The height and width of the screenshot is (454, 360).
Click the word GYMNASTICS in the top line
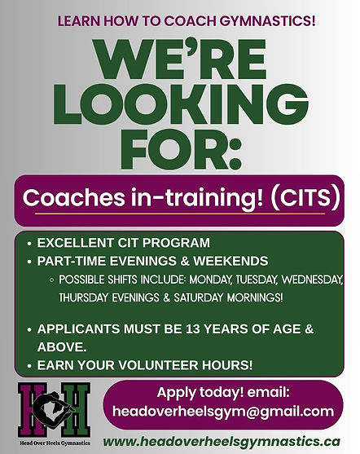pos(268,21)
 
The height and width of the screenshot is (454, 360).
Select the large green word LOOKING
pos(181,104)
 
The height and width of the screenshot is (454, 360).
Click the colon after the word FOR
pos(235,154)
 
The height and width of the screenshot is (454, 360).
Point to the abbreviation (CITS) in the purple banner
pos(305,198)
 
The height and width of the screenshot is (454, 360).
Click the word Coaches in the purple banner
pos(74,197)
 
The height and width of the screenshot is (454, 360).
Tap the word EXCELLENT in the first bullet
pos(75,243)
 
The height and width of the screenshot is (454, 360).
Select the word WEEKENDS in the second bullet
pos(230,261)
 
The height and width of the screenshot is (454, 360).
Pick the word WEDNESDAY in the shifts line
pos(312,280)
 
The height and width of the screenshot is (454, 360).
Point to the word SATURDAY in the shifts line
pos(198,298)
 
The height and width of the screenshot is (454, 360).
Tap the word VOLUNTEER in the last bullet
pos(158,365)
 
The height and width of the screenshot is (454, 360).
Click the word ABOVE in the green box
pos(62,347)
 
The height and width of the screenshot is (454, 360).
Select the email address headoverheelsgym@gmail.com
pos(223,411)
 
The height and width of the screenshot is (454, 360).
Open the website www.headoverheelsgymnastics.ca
pos(222,442)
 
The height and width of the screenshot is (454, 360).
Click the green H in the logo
pos(76,410)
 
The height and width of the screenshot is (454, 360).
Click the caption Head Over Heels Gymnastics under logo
pos(55,443)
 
